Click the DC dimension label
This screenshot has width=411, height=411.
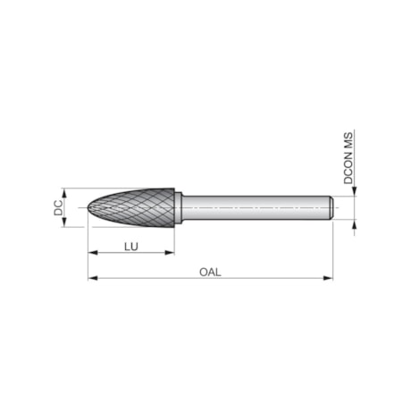56,207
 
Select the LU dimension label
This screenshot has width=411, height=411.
130,244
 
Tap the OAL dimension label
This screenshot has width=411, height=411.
210,271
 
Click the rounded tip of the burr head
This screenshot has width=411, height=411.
91,208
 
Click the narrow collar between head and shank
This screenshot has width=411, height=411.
179,207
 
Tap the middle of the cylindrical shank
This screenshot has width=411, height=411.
255,207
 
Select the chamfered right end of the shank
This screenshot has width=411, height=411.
331,207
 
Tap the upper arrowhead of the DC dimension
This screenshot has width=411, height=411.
64,192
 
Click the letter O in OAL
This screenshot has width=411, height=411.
203,271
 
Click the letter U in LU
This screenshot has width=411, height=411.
134,244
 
